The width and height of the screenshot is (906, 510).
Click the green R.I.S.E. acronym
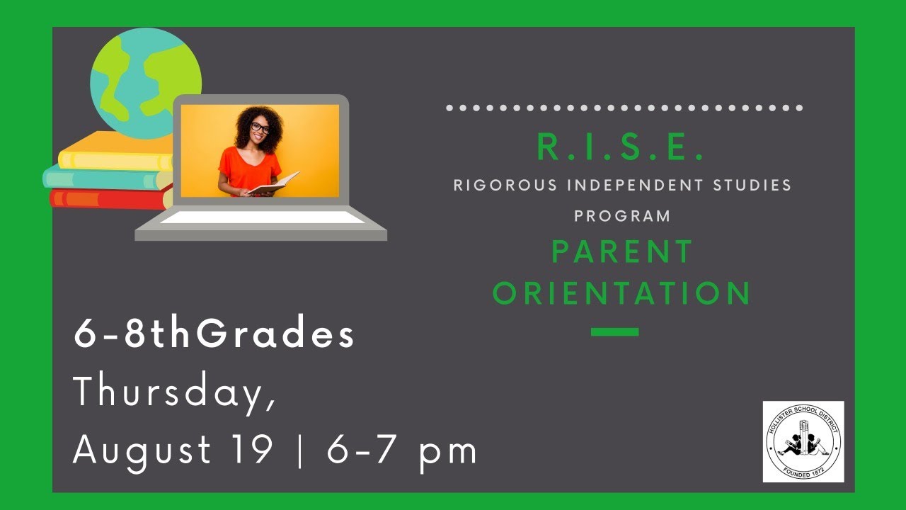tap(621, 147)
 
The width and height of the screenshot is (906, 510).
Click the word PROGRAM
tap(622, 216)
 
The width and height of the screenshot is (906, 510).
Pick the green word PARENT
tap(622, 252)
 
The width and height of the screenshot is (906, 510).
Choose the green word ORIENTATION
tap(622, 293)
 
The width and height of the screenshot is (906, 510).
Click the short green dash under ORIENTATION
tap(614, 331)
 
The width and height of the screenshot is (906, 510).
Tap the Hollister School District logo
tap(803, 441)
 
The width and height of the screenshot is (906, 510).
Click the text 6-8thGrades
tap(214, 335)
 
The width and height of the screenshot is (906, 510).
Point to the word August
tap(142, 450)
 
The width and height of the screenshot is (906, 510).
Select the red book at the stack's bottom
tap(106, 198)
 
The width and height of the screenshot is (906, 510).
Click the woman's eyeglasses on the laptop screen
tap(260, 128)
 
